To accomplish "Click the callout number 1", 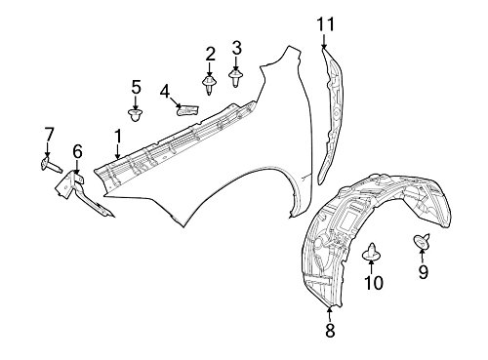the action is coord(118,137).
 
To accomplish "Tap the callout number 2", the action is coord(210,54).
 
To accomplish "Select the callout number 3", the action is coord(236,48).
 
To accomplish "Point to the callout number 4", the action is coord(165,92).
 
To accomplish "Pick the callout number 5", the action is coord(136,87).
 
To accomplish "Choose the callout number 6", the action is coord(77,151).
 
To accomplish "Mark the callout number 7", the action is coord(48,135).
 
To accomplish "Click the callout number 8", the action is coord(330,331).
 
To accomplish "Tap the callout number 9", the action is coord(423,272).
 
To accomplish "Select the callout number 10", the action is coord(374,282).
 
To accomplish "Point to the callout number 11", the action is coord(326,24).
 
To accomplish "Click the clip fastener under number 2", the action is coord(210,85).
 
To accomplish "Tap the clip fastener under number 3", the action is coord(235,78).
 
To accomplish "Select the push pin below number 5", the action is coord(136,115).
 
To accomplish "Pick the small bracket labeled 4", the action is coord(187,109).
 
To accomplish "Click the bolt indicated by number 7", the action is coord(52,165).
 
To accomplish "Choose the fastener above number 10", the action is coord(371,252).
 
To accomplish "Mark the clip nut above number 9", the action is coord(422,241).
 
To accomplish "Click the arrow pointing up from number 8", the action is coord(330,314).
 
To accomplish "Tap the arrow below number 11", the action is coord(324,40).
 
